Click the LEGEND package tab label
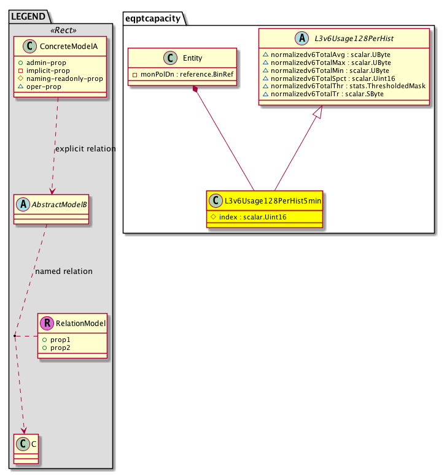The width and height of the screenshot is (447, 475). (x=28, y=17)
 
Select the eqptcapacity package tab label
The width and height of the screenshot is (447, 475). (x=153, y=18)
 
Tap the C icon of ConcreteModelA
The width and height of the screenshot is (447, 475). (x=29, y=46)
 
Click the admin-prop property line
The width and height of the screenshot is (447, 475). (x=42, y=63)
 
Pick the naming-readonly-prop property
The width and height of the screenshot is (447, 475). (x=60, y=78)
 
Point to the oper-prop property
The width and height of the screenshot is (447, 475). (x=39, y=86)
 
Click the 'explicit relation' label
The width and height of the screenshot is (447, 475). (x=85, y=149)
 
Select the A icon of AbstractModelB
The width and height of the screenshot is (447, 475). (x=23, y=205)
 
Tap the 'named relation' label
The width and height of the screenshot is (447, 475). (x=64, y=271)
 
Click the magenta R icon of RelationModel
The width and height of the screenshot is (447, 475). (x=47, y=323)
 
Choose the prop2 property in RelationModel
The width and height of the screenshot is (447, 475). (x=56, y=348)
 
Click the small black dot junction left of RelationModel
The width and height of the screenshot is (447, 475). (x=15, y=336)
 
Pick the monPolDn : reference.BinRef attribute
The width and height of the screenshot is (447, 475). (x=183, y=74)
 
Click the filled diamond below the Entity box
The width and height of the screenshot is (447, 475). (x=195, y=89)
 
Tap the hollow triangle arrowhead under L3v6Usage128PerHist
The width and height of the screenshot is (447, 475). (x=317, y=112)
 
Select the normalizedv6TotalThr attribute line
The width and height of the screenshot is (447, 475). (x=344, y=86)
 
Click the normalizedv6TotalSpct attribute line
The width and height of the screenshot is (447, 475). (x=329, y=78)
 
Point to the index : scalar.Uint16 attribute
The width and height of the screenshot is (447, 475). (x=249, y=217)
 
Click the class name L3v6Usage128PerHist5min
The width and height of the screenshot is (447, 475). (x=273, y=200)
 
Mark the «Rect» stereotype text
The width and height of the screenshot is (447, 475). (x=63, y=30)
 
